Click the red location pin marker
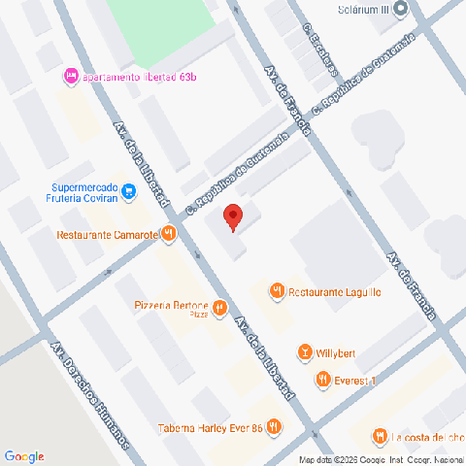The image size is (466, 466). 232,216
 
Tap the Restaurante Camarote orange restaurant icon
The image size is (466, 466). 169,233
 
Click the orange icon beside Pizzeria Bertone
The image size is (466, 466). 220,309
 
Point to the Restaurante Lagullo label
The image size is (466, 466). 332,290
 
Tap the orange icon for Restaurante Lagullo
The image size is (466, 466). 277,289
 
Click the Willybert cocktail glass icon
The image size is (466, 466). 306,351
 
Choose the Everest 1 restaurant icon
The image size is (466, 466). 322,381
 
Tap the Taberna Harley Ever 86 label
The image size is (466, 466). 211,427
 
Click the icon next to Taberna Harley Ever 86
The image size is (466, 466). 275,426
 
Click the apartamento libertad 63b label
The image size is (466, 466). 136,76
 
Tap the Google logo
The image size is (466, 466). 24,456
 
